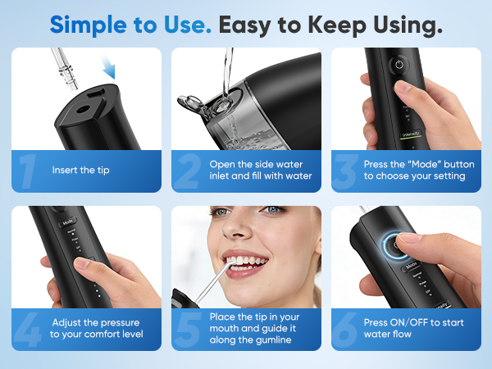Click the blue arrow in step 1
pyautogui.click(x=108, y=67)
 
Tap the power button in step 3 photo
pyautogui.click(x=399, y=66)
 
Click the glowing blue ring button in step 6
pyautogui.click(x=395, y=246)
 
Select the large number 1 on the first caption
pyautogui.click(x=28, y=171)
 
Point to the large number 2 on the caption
pyautogui.click(x=188, y=171)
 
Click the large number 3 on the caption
pyautogui.click(x=346, y=171)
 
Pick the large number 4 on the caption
pyautogui.click(x=28, y=330)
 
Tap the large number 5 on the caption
pyautogui.click(x=189, y=330)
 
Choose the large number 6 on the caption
pyautogui.click(x=345, y=330)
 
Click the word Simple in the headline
pyautogui.click(x=89, y=25)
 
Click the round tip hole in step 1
pyautogui.click(x=83, y=110)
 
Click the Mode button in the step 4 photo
pyautogui.click(x=68, y=222)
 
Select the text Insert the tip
pyautogui.click(x=81, y=170)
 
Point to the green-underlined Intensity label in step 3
pyautogui.click(x=411, y=134)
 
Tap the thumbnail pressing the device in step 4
pyautogui.click(x=81, y=262)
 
